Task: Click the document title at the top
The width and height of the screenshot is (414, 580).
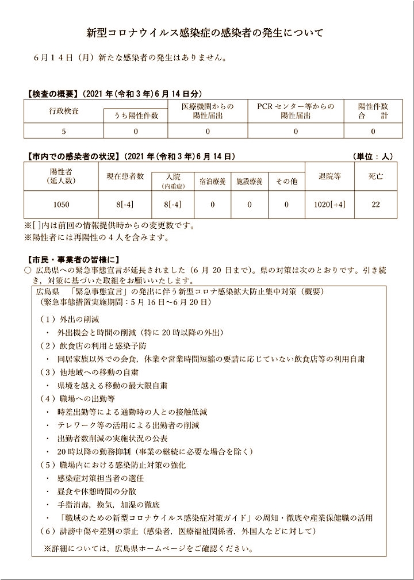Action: click(205, 33)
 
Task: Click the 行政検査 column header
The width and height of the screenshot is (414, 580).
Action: click(64, 110)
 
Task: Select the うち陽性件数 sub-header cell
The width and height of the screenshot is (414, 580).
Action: click(136, 116)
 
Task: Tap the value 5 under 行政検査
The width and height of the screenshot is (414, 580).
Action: click(64, 132)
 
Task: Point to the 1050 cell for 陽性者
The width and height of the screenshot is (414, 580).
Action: click(60, 204)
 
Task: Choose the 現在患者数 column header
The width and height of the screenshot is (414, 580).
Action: click(125, 176)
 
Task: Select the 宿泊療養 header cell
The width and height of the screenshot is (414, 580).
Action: click(212, 182)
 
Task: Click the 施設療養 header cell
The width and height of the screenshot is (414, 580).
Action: click(250, 182)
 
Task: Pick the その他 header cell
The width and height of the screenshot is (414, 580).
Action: click(286, 182)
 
